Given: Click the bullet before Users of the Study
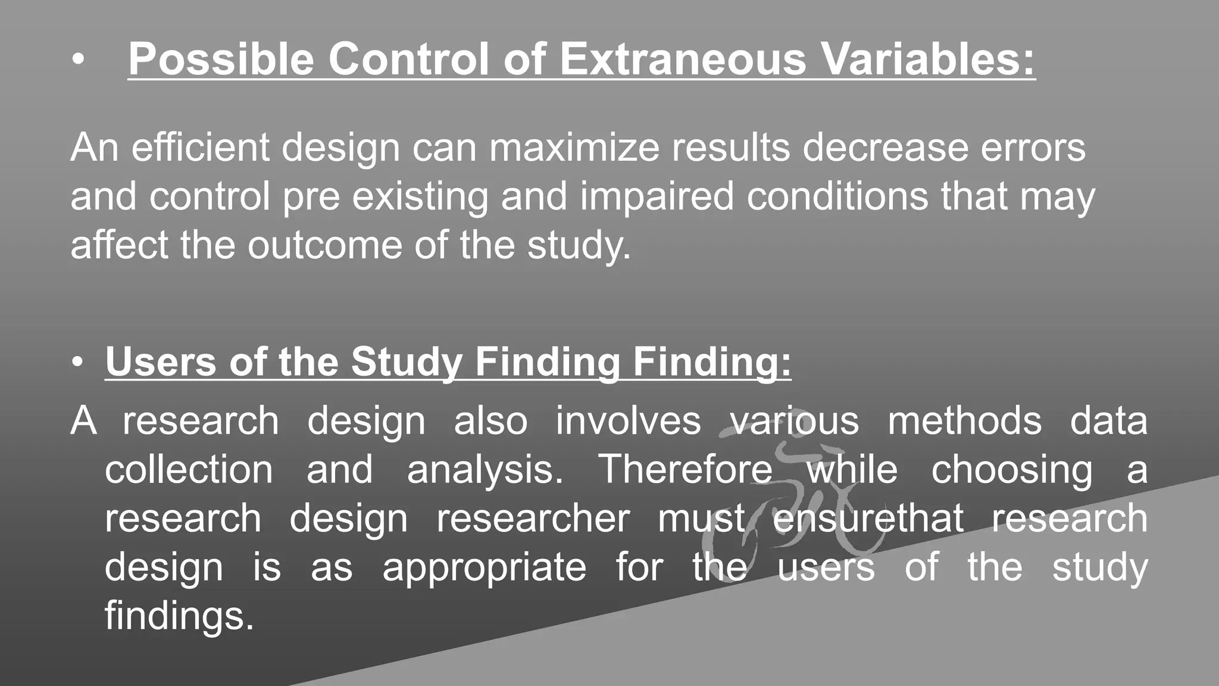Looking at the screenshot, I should [77, 363].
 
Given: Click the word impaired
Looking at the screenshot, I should [657, 196].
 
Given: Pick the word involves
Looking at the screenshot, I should [628, 421].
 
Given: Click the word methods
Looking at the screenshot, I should [964, 421].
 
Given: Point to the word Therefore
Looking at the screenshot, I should [684, 470].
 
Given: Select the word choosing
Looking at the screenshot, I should [1012, 470].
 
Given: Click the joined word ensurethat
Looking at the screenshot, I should [868, 518].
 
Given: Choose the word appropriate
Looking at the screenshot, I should [484, 567].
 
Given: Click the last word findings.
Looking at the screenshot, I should [179, 616].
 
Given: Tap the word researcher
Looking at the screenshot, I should [533, 518].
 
